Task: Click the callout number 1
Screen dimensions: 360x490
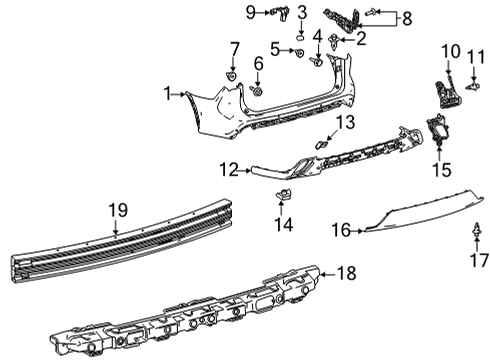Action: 168,94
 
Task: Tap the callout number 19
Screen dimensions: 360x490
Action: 118,210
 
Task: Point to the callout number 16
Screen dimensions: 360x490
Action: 340,230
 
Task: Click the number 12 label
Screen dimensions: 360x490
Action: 229,169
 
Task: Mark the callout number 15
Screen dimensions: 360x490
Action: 441,170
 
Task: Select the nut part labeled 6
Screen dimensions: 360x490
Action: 256,91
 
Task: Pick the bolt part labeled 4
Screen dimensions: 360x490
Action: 317,60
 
